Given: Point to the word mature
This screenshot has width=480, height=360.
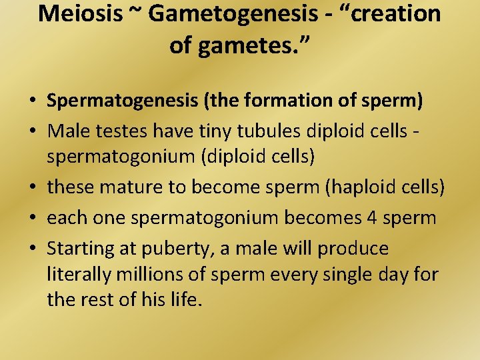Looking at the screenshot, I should (x=126, y=187).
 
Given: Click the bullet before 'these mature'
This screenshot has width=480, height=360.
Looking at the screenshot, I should (x=32, y=188).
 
